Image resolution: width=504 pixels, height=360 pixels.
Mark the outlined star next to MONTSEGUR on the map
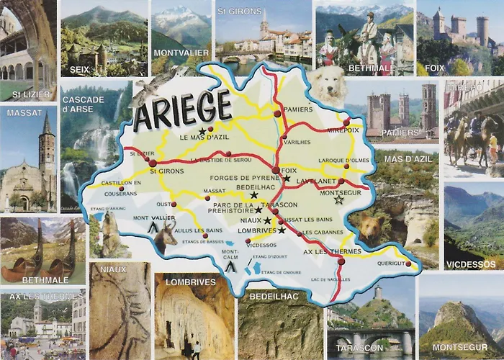click(339, 199)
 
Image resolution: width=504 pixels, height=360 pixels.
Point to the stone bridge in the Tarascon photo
click(372, 338)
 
